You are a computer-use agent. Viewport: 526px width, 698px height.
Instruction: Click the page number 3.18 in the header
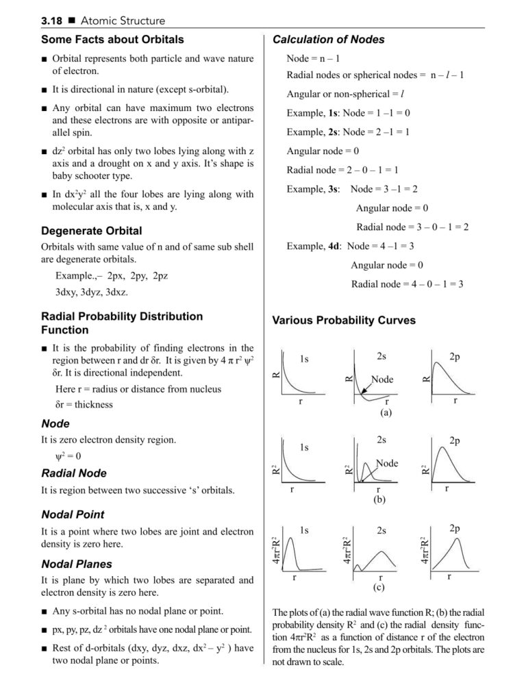click(x=52, y=21)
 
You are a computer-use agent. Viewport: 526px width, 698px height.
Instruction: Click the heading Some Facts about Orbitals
click(x=112, y=40)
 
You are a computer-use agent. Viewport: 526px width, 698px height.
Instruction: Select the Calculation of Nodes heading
click(x=328, y=40)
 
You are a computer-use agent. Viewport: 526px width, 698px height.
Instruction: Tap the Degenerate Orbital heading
click(x=91, y=231)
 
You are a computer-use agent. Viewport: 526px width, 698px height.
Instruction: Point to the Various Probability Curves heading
click(x=344, y=320)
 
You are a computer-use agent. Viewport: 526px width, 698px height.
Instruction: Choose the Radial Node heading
click(x=74, y=473)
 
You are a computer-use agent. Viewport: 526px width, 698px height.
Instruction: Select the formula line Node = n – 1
click(x=314, y=59)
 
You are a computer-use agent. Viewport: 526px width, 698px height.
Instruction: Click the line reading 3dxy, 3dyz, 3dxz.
click(x=92, y=292)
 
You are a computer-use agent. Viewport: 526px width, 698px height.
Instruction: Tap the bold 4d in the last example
click(x=334, y=246)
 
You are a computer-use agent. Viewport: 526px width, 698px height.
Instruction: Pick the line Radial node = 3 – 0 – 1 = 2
click(x=412, y=227)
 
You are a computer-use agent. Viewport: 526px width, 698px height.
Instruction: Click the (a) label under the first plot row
click(x=386, y=413)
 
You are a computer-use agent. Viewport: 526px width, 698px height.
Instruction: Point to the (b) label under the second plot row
click(x=379, y=500)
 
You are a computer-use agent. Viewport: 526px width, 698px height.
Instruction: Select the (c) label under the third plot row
click(x=379, y=588)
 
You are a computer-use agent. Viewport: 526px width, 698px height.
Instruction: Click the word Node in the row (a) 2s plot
click(x=382, y=379)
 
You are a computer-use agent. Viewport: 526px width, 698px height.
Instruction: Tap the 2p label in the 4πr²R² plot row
click(x=455, y=528)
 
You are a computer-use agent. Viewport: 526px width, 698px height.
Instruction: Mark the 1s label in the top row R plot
click(x=304, y=359)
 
